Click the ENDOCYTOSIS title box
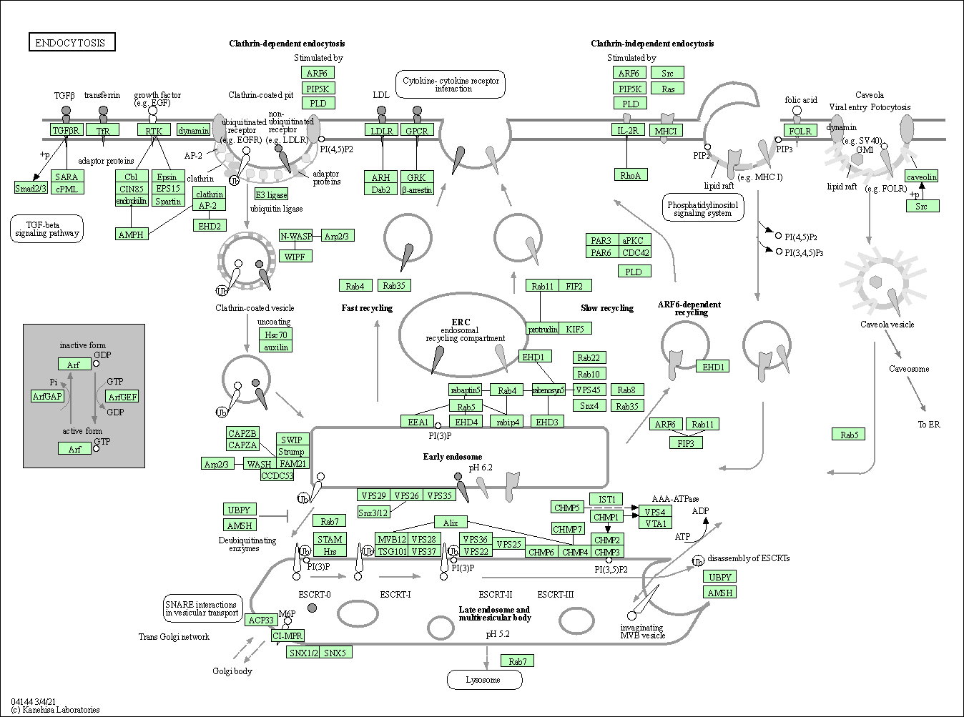71,42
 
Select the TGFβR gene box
67,130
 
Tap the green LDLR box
381,130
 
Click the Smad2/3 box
31,188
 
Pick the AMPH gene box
131,234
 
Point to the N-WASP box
296,236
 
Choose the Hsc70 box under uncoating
275,335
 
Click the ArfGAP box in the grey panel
48,396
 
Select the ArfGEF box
122,397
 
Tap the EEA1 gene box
418,422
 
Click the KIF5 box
575,329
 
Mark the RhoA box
630,175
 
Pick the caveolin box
921,177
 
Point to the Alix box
451,523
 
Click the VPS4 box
654,512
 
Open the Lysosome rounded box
484,680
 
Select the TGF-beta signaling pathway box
46,229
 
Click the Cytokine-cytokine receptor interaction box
451,84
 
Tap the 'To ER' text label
929,425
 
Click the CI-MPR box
288,636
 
